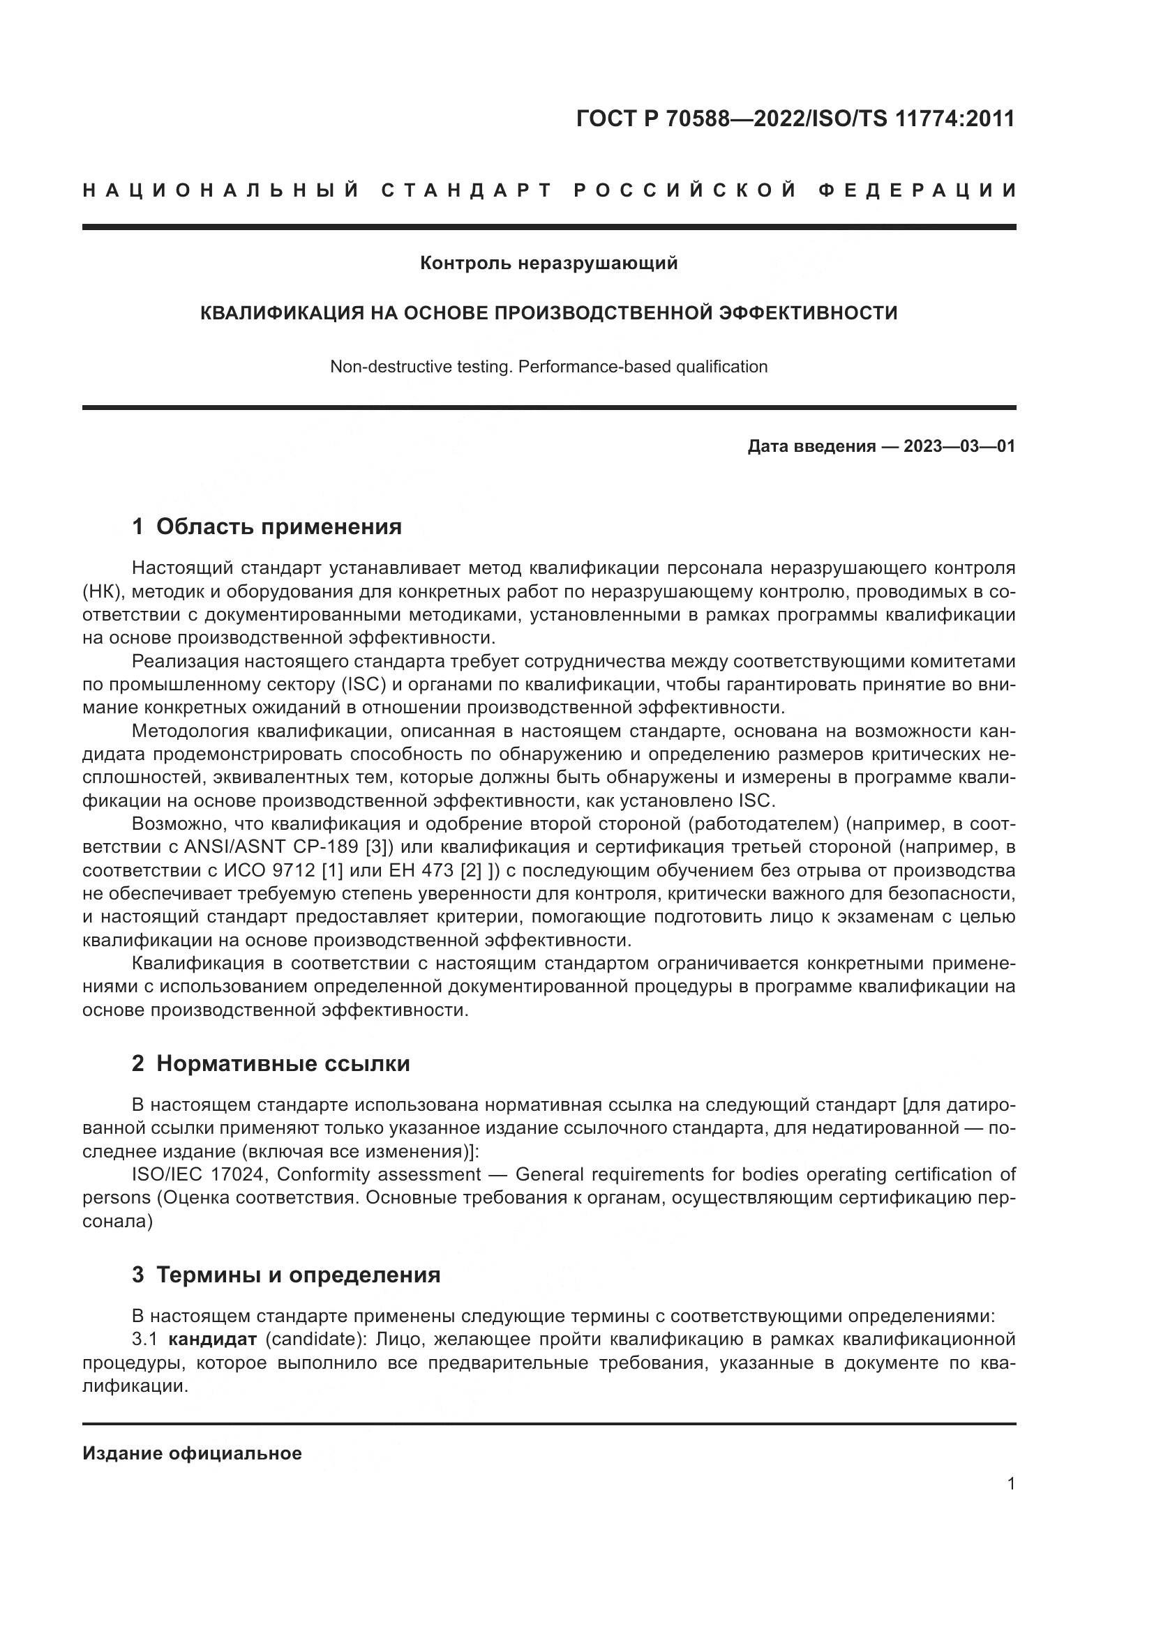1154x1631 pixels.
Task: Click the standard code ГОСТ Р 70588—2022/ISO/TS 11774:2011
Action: coord(795,119)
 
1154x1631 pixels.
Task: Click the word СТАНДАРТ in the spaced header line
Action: coord(467,190)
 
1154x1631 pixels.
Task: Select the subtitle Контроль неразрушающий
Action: coord(548,264)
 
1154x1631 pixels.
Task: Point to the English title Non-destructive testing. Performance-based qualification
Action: coord(548,367)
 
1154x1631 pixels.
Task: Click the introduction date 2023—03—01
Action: coord(959,446)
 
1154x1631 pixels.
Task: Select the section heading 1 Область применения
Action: coord(267,526)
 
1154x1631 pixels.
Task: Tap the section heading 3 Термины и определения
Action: coord(286,1275)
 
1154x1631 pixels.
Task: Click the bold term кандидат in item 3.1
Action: coord(213,1340)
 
